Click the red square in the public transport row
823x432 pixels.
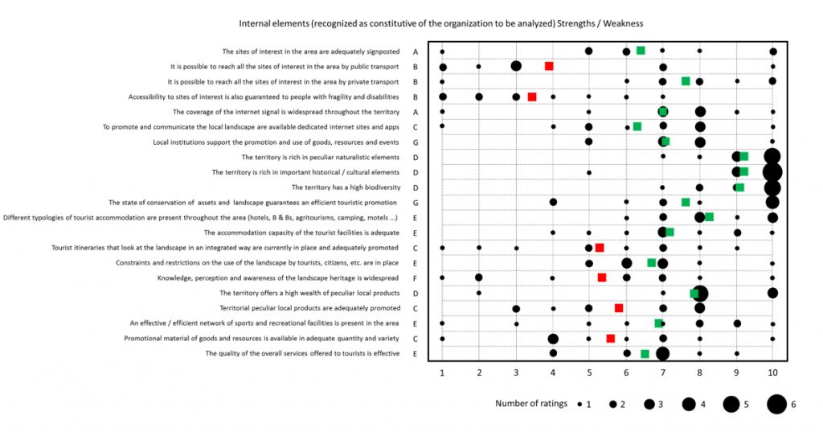point(549,66)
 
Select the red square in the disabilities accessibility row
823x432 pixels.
point(532,97)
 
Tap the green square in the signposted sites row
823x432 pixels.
point(641,51)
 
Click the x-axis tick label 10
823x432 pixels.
point(772,372)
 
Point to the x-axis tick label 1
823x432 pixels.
point(442,372)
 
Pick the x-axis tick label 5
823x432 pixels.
point(589,372)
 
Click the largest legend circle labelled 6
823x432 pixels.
point(776,404)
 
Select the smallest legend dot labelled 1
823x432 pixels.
point(579,404)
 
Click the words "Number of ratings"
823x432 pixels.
point(531,404)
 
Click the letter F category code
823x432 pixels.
point(416,278)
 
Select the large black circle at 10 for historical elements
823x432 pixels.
point(772,171)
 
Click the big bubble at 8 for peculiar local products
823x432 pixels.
point(699,293)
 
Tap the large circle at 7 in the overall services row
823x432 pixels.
point(662,353)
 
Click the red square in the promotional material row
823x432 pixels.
point(611,339)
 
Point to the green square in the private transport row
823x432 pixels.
point(686,81)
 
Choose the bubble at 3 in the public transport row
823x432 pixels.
point(516,66)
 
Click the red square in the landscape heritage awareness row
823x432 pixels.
point(602,278)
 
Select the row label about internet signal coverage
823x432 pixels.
point(286,112)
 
